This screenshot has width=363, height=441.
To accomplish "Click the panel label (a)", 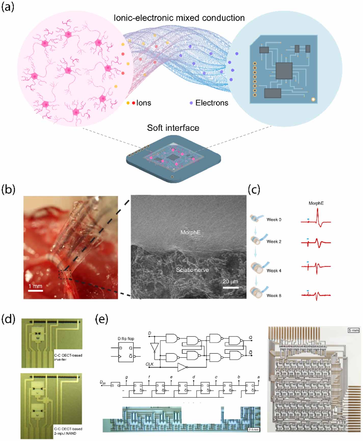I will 8,7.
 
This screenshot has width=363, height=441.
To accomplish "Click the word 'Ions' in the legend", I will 144,103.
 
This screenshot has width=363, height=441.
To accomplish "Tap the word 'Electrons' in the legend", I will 212,103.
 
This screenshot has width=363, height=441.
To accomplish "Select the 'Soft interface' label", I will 173,128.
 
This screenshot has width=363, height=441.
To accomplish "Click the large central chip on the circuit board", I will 284,71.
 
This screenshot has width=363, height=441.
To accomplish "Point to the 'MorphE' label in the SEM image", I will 190,232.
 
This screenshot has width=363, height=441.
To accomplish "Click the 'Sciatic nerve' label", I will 192,270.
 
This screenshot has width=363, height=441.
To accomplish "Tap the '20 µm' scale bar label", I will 230,282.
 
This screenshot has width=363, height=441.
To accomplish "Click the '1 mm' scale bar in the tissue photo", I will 35,286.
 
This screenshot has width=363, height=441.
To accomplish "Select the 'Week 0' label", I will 274,220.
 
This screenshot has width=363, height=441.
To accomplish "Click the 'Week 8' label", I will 274,296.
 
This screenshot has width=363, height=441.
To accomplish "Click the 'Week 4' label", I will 274,271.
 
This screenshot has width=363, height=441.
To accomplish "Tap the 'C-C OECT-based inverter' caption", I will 68,357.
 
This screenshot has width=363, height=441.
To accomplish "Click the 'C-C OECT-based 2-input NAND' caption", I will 68,431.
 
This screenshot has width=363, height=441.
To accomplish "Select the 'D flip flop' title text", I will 126,339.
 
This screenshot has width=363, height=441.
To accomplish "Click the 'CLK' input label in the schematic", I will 150,364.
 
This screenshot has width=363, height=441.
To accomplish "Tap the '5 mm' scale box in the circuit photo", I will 353,330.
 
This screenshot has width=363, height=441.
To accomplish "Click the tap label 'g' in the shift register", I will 127,377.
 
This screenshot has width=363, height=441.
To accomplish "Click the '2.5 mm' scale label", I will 253,430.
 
